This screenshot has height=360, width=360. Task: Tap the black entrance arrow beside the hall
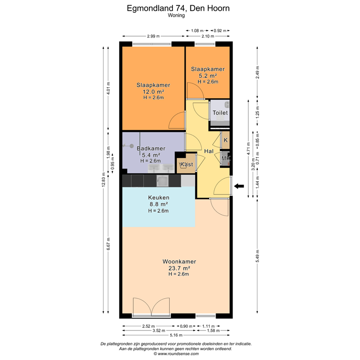tap(240, 187)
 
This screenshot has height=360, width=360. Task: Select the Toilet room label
tap(220, 113)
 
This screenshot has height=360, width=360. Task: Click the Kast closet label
tap(187, 165)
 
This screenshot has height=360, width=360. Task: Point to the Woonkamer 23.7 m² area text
tap(179, 269)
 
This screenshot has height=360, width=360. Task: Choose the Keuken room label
tap(158, 198)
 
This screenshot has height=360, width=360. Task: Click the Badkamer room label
tap(151, 149)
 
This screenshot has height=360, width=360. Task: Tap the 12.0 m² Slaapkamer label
tap(153, 92)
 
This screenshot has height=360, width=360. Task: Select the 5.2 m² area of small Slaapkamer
tap(207, 75)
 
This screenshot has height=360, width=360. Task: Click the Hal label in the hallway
tap(209, 151)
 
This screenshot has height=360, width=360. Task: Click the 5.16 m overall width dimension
tap(177, 335)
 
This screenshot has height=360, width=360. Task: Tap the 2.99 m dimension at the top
tap(153, 36)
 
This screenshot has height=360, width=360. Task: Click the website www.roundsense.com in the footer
tap(176, 353)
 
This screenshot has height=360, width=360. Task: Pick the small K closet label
tap(225, 140)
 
